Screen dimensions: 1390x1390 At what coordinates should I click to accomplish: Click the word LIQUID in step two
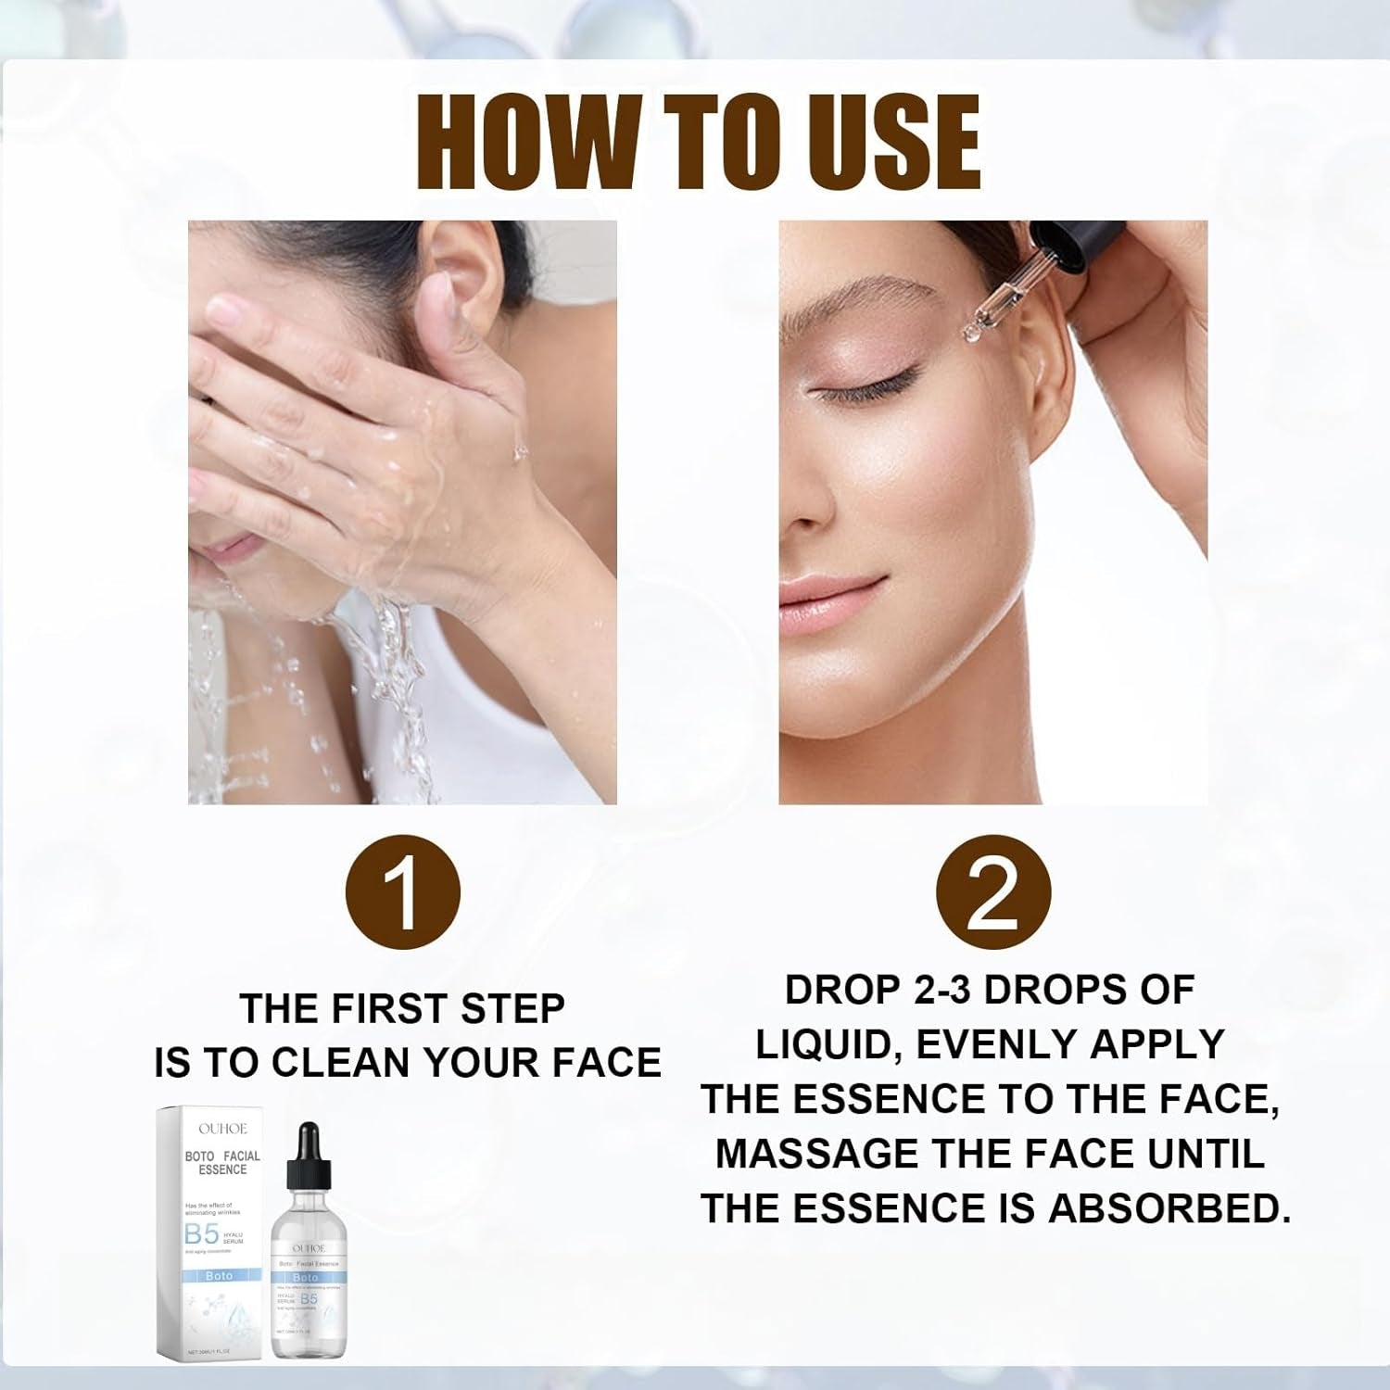click(x=830, y=1044)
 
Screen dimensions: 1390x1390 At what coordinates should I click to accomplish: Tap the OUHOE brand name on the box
click(x=222, y=1129)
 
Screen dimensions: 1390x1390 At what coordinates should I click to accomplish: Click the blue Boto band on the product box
click(x=220, y=1276)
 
